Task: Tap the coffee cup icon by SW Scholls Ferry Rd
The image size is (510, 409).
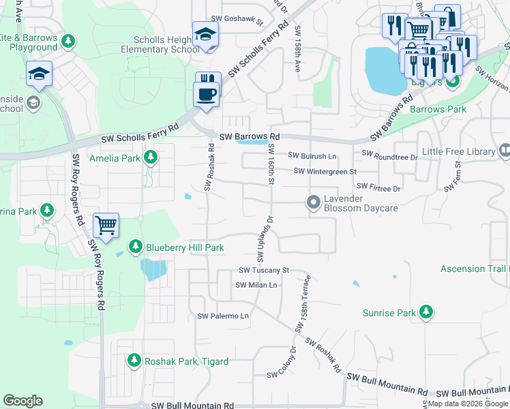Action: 208,93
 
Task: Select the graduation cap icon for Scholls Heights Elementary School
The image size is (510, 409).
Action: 205,33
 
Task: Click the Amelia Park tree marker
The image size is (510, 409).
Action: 151,158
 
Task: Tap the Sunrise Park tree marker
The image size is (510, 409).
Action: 426,312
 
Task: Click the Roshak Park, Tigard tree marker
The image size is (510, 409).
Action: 134,359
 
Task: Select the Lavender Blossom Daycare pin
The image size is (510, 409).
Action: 314,202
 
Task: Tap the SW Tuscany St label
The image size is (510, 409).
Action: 264,271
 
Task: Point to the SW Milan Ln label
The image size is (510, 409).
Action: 256,286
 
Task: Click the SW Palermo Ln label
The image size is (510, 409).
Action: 223,316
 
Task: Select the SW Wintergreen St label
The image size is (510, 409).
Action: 325,172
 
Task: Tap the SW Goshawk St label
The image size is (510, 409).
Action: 237,21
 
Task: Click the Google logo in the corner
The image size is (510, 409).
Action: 22,401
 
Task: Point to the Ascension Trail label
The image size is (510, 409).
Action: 475,269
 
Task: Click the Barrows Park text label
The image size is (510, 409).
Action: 437,109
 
